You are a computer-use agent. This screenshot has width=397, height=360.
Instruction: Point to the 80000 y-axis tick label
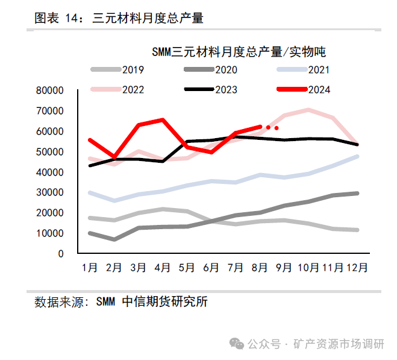coord(50,90)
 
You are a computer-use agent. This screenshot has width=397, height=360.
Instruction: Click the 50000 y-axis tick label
coord(50,152)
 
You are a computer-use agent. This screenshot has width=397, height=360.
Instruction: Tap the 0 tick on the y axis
coord(60,254)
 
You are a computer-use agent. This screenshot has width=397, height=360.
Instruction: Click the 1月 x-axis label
coord(89,267)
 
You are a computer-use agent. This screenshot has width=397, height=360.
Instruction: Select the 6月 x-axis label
coord(211,267)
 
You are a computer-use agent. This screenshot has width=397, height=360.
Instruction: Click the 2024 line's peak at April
coord(163,119)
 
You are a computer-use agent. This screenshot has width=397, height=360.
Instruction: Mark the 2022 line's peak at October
coord(308,110)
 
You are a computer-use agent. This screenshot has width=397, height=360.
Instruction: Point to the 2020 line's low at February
coord(114,239)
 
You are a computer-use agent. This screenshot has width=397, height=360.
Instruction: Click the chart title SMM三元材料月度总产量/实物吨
coord(239,51)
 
